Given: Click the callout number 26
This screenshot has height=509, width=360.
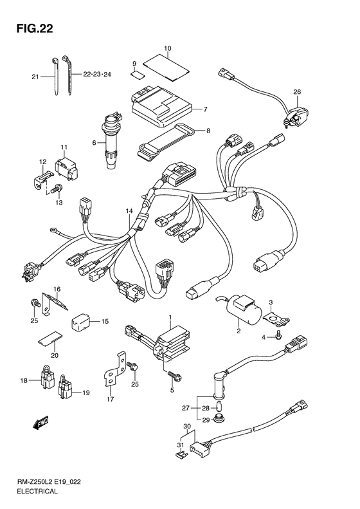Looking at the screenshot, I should pyautogui.click(x=297, y=92).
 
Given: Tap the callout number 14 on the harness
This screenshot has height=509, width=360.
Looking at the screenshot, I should pyautogui.click(x=129, y=210).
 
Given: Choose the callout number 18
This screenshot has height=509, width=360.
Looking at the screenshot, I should pyautogui.click(x=24, y=381).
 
